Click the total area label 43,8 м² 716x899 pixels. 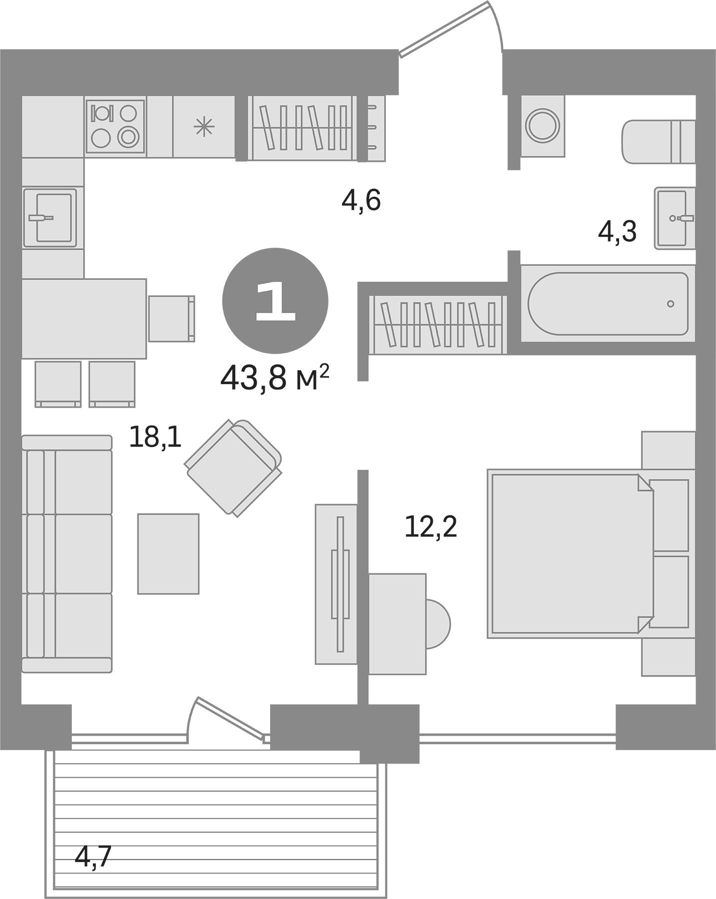pyautogui.click(x=274, y=378)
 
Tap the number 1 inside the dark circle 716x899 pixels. pyautogui.click(x=275, y=301)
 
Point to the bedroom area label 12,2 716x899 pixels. pyautogui.click(x=430, y=526)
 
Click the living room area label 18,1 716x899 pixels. pyautogui.click(x=155, y=437)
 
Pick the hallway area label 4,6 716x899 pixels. pyautogui.click(x=361, y=201)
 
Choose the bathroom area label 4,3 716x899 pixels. pyautogui.click(x=617, y=232)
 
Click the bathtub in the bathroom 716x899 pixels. pyautogui.click(x=608, y=303)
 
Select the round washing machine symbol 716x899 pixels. pyautogui.click(x=543, y=126)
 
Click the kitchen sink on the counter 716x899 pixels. pyautogui.click(x=50, y=218)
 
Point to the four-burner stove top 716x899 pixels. pyautogui.click(x=115, y=126)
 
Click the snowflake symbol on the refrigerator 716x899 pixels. pyautogui.click(x=204, y=127)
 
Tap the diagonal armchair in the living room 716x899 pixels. pyautogui.click(x=233, y=468)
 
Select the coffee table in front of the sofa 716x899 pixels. pyautogui.click(x=168, y=553)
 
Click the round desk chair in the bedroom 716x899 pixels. pyautogui.click(x=437, y=623)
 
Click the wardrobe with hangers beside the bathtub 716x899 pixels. pyautogui.click(x=437, y=325)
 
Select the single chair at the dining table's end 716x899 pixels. pyautogui.click(x=171, y=318)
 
